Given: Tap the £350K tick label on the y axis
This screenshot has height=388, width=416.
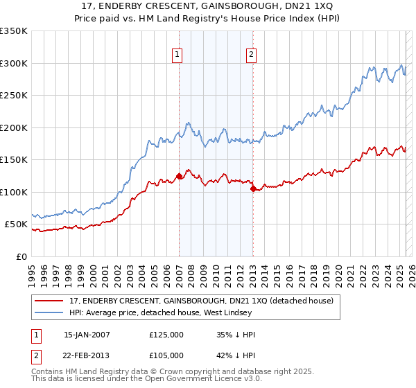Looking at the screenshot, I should pos(14,31).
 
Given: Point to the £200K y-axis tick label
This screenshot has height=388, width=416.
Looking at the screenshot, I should pos(14,127).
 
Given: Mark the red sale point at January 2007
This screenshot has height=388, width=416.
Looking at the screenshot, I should pos(179,176).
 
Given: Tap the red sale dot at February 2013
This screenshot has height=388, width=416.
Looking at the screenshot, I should pos(253,188).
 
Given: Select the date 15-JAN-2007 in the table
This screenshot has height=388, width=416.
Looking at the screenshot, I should pos(87,335).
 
